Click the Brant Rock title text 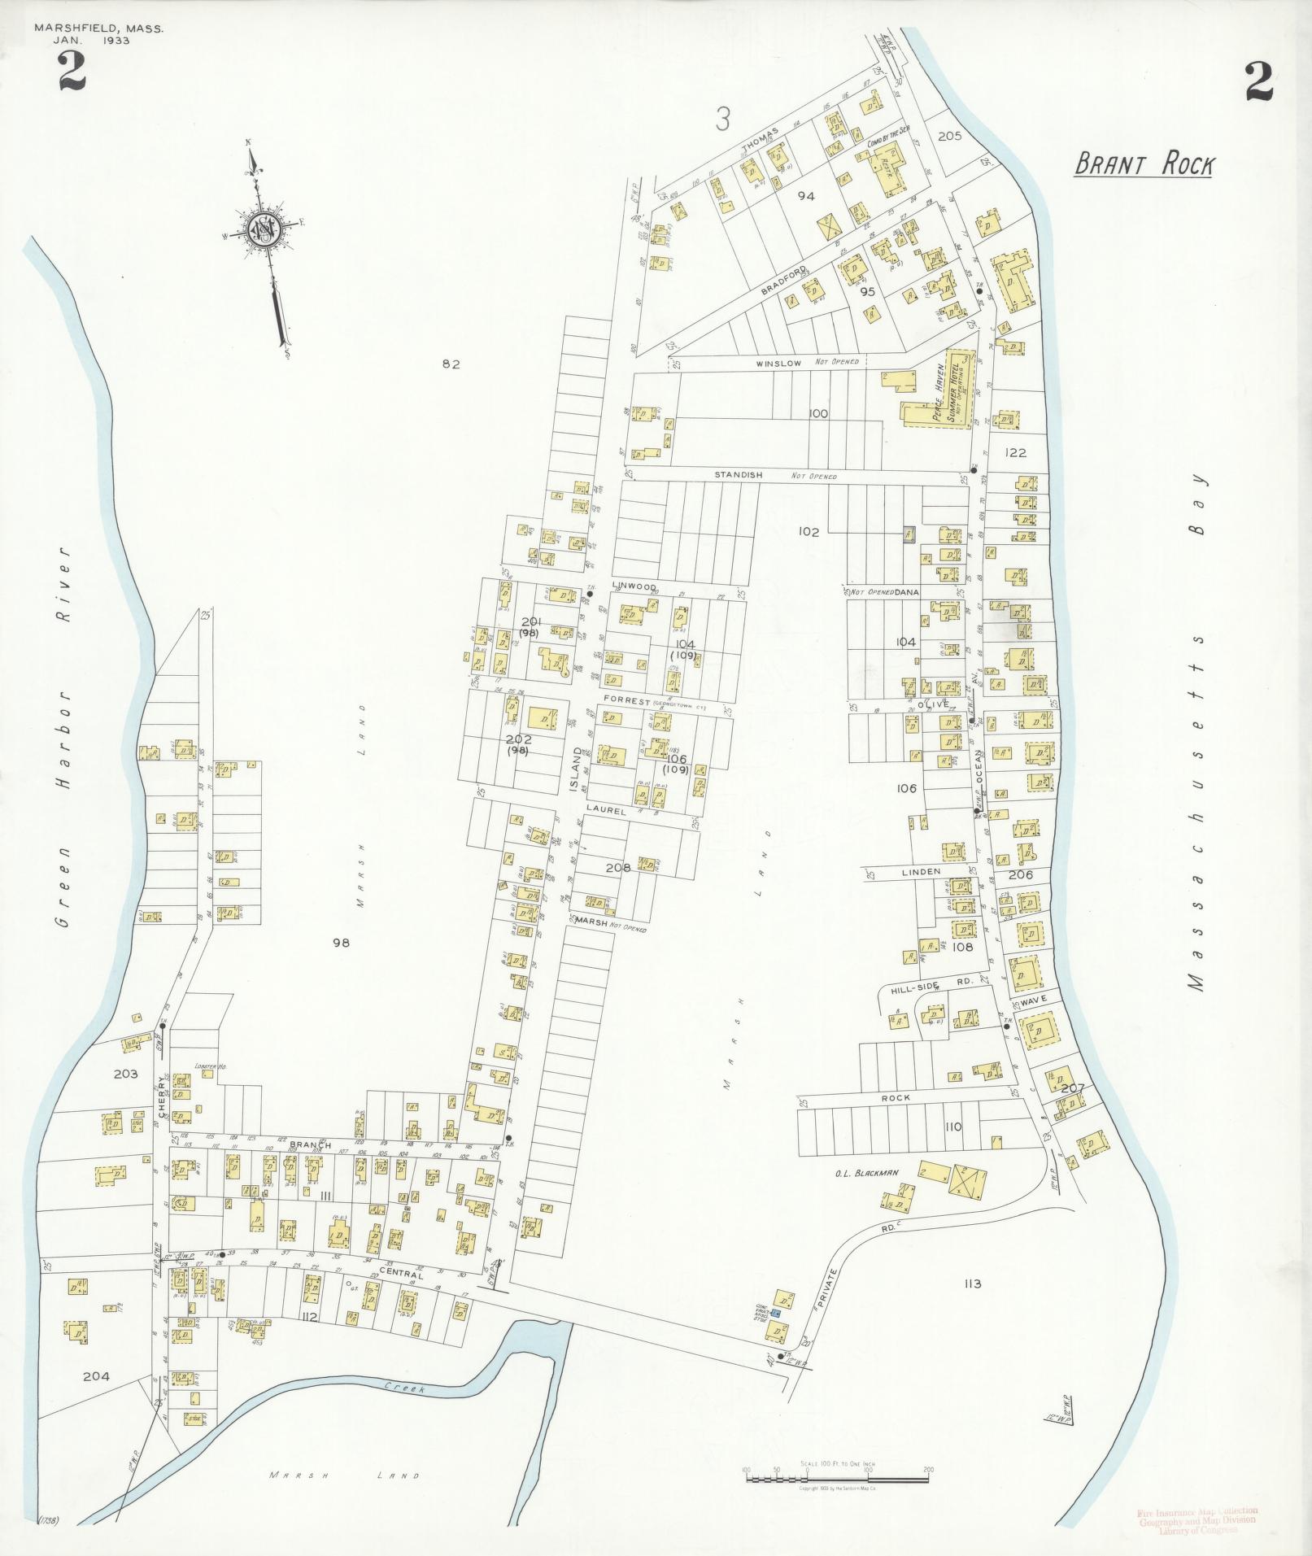pos(1143,164)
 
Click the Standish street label pos(738,474)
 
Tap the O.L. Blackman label pos(852,1173)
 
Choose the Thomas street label pos(761,140)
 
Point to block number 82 pos(451,364)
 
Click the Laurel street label pos(605,811)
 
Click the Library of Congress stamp pos(1196,1520)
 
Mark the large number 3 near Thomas pos(721,120)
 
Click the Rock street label pos(895,1097)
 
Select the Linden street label pos(920,871)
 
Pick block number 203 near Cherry pos(125,1074)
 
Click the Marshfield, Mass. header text pos(98,28)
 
